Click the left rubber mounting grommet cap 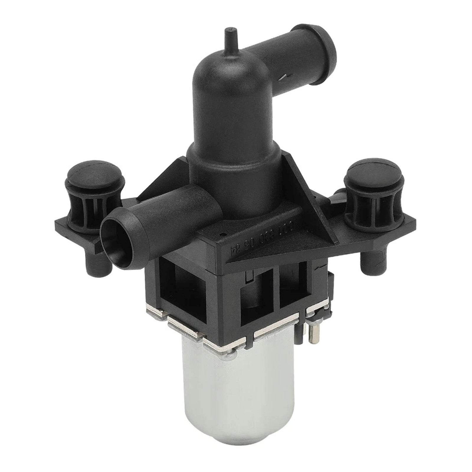pyautogui.click(x=94, y=174)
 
